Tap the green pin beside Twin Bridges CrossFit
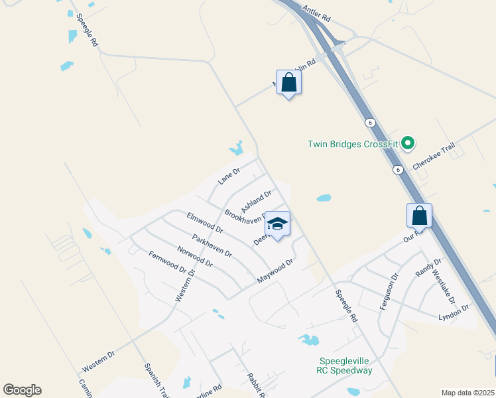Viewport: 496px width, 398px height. click(x=408, y=143)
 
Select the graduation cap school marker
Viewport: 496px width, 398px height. click(x=278, y=224)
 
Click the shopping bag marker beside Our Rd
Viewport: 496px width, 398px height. click(x=419, y=216)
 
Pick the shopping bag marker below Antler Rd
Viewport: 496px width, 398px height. click(x=288, y=83)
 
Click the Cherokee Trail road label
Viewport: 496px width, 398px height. click(x=434, y=158)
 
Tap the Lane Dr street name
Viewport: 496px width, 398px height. click(x=228, y=176)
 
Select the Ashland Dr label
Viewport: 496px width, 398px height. click(x=256, y=202)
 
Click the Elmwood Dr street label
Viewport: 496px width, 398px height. click(x=204, y=222)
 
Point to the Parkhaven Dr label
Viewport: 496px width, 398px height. click(x=212, y=245)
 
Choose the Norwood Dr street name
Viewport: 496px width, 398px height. click(x=195, y=256)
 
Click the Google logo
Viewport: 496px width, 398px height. click(x=22, y=390)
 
